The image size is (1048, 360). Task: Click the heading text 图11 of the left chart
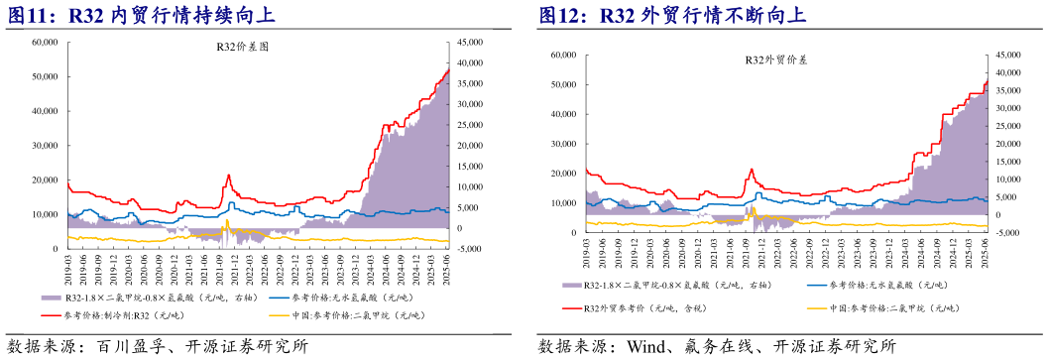(30, 15)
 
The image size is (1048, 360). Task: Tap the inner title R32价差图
(243, 47)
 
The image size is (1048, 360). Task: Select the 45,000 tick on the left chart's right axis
(470, 42)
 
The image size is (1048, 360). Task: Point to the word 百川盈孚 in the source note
(124, 346)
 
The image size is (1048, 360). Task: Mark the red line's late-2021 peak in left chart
(228, 176)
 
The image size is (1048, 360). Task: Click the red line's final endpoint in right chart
(987, 81)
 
